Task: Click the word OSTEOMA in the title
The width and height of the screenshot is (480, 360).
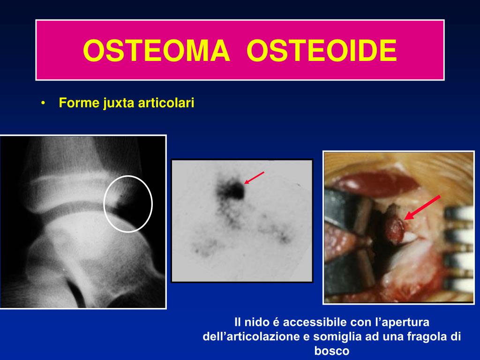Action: pyautogui.click(x=157, y=51)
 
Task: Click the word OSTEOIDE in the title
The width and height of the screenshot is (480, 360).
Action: pyautogui.click(x=322, y=51)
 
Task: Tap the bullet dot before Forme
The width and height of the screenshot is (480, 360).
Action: pyautogui.click(x=43, y=103)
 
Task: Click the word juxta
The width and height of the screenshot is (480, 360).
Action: pyautogui.click(x=119, y=103)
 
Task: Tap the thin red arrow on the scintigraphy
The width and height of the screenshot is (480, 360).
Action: pyautogui.click(x=254, y=178)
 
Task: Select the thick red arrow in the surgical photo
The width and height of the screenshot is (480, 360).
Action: pyautogui.click(x=422, y=207)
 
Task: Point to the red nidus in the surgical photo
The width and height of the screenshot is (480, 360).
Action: pyautogui.click(x=395, y=229)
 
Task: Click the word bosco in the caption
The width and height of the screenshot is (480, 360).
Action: pyautogui.click(x=332, y=351)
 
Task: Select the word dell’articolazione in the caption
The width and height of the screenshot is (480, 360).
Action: pyautogui.click(x=251, y=337)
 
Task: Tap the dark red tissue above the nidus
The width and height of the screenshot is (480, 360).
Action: pyautogui.click(x=375, y=183)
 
